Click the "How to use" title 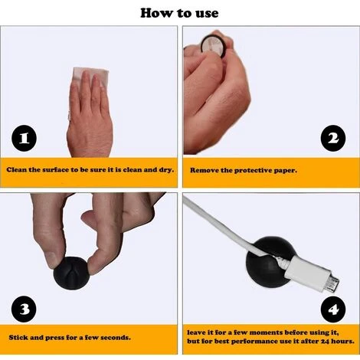tap(179, 13)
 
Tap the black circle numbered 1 tap(24, 138)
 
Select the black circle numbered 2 tap(333, 138)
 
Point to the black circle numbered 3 tap(24, 309)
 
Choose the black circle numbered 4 tap(333, 309)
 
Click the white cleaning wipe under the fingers tap(90, 76)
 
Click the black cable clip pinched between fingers tap(71, 273)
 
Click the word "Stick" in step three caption tap(18, 338)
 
